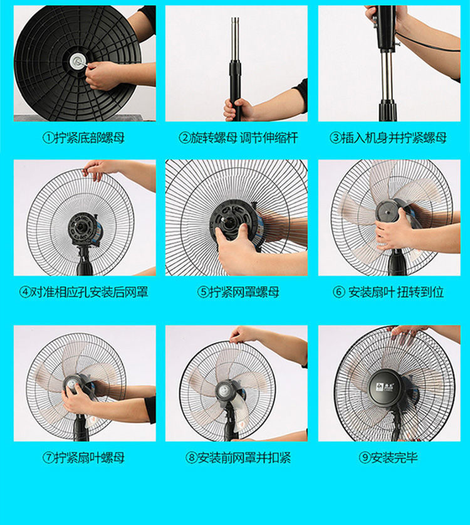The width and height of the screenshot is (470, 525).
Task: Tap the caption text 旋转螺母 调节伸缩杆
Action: tap(244, 137)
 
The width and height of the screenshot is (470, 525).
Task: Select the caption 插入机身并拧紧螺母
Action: tap(394, 137)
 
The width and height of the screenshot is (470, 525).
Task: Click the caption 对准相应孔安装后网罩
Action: tap(90, 292)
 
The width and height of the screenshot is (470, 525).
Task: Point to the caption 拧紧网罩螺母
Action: tap(244, 292)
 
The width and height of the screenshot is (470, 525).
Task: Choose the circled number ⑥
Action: tap(338, 292)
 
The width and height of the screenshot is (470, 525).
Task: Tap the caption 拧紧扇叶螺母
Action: tap(90, 457)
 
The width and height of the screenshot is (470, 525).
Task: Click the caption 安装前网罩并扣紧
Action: tap(244, 457)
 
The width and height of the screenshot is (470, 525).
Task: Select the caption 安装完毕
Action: tap(394, 457)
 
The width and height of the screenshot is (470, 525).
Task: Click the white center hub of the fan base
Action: tap(77, 60)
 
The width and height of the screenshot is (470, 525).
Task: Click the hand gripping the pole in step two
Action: tap(238, 110)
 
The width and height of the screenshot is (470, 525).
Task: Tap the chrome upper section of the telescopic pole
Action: tap(235, 40)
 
